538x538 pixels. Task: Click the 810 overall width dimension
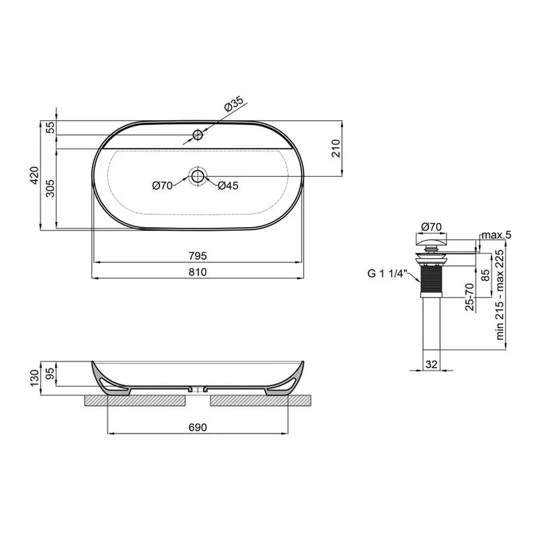[x=198, y=272]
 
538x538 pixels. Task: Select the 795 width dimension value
[x=198, y=256]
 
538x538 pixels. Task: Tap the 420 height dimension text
[x=35, y=175]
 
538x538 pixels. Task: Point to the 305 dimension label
[x=50, y=188]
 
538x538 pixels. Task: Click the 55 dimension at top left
[x=50, y=127]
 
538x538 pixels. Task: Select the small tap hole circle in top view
[x=198, y=134]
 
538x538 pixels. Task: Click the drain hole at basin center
[x=197, y=176]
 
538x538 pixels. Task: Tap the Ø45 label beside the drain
[x=228, y=186]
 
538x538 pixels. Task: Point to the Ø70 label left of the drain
[x=162, y=186]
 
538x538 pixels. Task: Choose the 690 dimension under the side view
[x=198, y=427]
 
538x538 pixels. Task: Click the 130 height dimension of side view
[x=35, y=377]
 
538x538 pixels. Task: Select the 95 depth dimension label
[x=50, y=374]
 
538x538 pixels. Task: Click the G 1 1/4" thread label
[x=387, y=275]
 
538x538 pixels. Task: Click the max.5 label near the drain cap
[x=497, y=235]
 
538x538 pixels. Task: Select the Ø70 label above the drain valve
[x=431, y=227]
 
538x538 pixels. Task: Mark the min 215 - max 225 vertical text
[x=500, y=295]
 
